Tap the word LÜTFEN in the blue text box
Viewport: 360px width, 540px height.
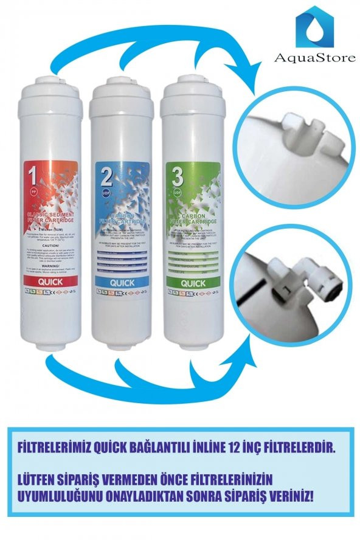(x=43, y=477)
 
